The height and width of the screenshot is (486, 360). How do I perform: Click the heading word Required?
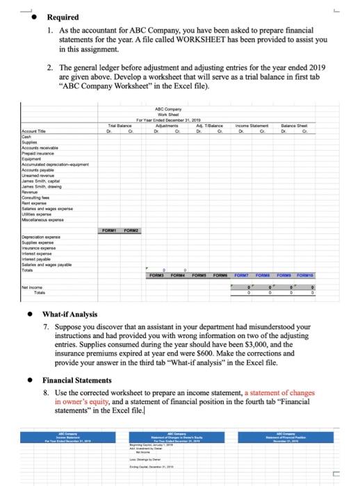pyautogui.click(x=63, y=17)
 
